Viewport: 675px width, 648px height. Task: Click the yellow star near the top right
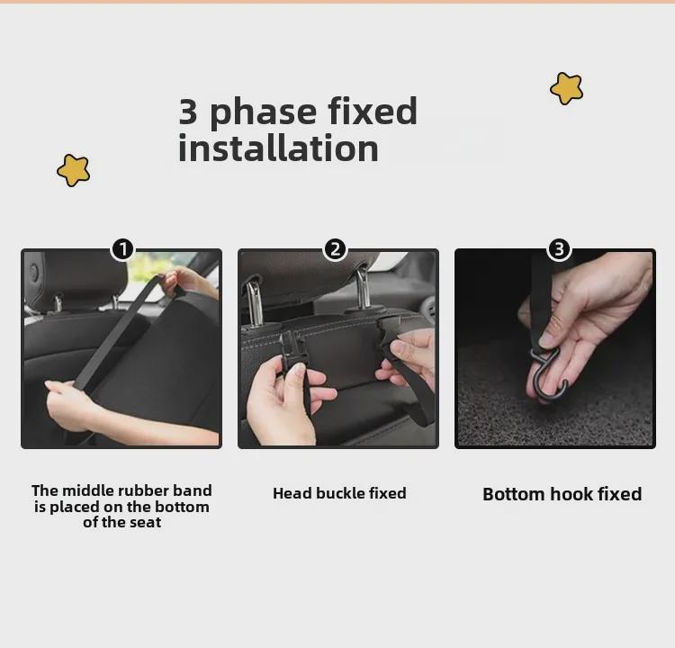click(x=566, y=88)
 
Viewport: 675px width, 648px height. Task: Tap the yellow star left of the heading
click(x=74, y=170)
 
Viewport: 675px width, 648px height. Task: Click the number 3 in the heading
click(x=188, y=112)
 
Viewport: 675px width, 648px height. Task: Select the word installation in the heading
click(x=278, y=148)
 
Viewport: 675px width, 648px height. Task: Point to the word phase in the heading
click(x=264, y=112)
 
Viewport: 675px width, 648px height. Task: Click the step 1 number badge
click(x=123, y=249)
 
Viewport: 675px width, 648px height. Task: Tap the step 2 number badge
click(x=336, y=249)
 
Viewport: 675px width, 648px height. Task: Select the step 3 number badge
click(x=559, y=249)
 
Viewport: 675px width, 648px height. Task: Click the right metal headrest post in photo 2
click(x=364, y=289)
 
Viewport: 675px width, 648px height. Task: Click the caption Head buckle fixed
click(x=339, y=493)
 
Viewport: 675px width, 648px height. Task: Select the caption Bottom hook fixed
click(x=562, y=494)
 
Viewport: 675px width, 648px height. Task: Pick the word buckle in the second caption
click(x=339, y=493)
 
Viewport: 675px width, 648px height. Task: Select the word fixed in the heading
click(x=373, y=111)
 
